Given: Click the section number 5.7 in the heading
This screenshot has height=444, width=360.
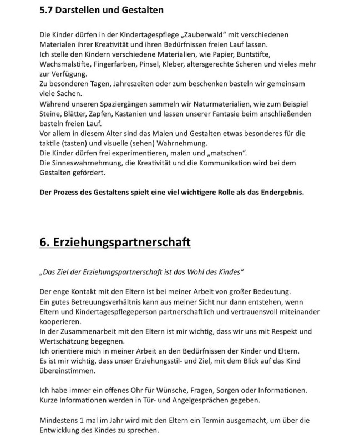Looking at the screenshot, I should coord(48,9).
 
